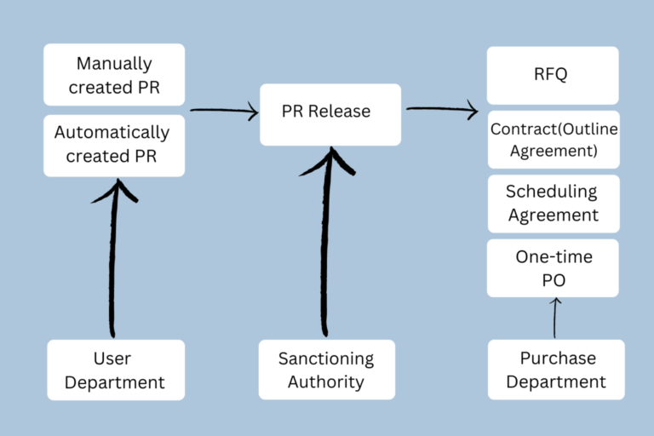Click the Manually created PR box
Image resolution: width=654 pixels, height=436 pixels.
[x=114, y=75]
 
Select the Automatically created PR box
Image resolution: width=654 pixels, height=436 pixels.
[x=114, y=145]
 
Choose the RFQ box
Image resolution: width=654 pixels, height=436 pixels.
[x=553, y=75]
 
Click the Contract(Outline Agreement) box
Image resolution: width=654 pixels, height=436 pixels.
[x=553, y=140]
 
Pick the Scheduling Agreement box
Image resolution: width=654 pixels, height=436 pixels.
[x=553, y=204]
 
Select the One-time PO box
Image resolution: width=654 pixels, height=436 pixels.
[x=553, y=267]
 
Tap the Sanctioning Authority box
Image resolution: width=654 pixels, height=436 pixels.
[x=326, y=370]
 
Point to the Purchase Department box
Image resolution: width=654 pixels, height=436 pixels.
[x=555, y=370]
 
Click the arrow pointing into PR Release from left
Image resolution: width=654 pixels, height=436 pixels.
[x=223, y=110]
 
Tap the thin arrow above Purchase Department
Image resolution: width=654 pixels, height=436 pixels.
[x=555, y=317]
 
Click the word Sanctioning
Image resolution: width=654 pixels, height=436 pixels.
[x=326, y=359]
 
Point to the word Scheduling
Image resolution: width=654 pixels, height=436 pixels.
[x=552, y=192]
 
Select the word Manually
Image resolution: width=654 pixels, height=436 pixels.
[x=114, y=64]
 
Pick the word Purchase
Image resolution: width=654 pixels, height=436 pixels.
[x=555, y=359]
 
